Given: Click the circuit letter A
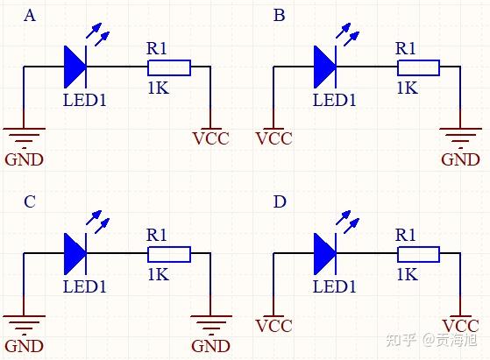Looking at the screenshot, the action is point(30,16).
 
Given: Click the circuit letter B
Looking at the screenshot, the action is point(279,16).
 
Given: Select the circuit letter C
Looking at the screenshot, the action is point(30,201).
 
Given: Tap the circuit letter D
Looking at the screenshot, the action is point(280,201).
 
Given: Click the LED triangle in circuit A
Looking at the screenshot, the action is point(75,67).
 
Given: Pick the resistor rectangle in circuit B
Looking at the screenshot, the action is point(418,68).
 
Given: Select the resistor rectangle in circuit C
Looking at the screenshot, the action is point(169,255).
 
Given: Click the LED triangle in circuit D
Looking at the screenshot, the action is point(324,254).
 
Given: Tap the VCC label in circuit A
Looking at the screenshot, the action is point(211,139).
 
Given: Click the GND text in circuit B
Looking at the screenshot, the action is point(460,159).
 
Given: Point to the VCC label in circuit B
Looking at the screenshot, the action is point(274,139).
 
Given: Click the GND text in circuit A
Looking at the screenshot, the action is point(24,159).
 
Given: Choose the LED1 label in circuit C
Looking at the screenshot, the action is point(85,286).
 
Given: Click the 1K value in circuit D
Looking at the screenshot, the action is point(408,274).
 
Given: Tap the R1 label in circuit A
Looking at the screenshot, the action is point(156,49).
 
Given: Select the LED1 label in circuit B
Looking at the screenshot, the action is point(334,100).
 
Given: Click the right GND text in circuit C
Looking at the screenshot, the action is point(210,346).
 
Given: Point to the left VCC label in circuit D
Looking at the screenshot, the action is point(274,326).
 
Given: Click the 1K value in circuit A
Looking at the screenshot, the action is point(158,88).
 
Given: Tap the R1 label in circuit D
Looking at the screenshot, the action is point(405,235).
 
